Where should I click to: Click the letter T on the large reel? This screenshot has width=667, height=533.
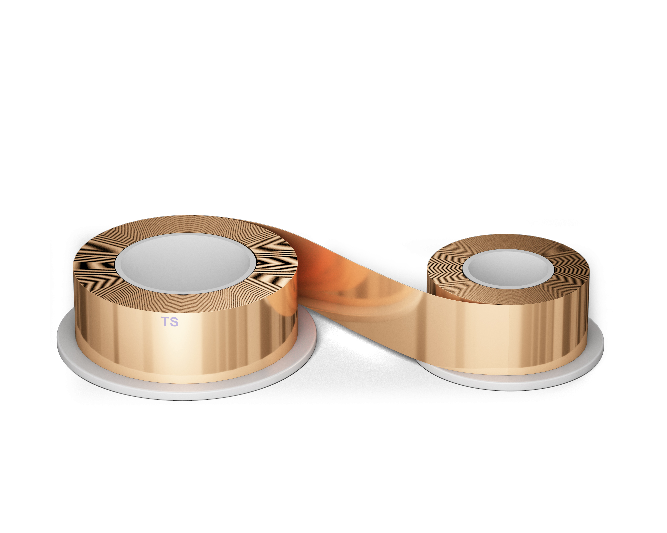pyautogui.click(x=165, y=321)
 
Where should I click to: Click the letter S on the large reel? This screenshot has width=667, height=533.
pyautogui.click(x=174, y=322)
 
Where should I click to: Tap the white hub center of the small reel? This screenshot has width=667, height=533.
pyautogui.click(x=508, y=268)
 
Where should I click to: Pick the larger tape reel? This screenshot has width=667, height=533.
pyautogui.click(x=185, y=300)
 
